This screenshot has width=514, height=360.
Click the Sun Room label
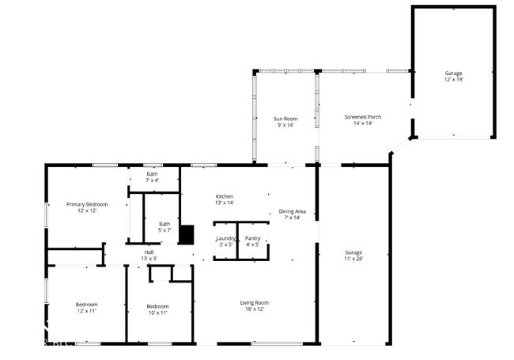(285, 118)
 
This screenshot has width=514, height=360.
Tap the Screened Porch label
(363, 117)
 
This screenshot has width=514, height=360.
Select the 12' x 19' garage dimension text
(453, 80)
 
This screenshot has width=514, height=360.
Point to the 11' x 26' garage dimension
(353, 259)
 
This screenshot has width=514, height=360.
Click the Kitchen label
(225, 196)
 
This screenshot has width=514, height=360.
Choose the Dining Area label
(292, 211)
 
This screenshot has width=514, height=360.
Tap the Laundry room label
(225, 237)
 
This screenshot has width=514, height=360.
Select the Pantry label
(253, 237)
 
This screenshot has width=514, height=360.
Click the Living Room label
(255, 302)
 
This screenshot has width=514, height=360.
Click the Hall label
(149, 252)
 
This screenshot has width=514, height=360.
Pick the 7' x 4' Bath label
(152, 173)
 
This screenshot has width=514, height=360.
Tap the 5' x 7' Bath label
(164, 223)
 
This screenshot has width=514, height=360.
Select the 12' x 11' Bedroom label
(86, 305)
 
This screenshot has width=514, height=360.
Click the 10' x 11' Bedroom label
(157, 306)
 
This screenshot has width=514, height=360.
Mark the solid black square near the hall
(187, 234)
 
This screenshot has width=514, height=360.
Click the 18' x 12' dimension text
(255, 309)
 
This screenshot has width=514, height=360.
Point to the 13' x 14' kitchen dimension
(225, 203)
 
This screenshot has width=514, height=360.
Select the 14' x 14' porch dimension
(363, 124)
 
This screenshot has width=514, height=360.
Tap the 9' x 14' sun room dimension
(285, 125)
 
